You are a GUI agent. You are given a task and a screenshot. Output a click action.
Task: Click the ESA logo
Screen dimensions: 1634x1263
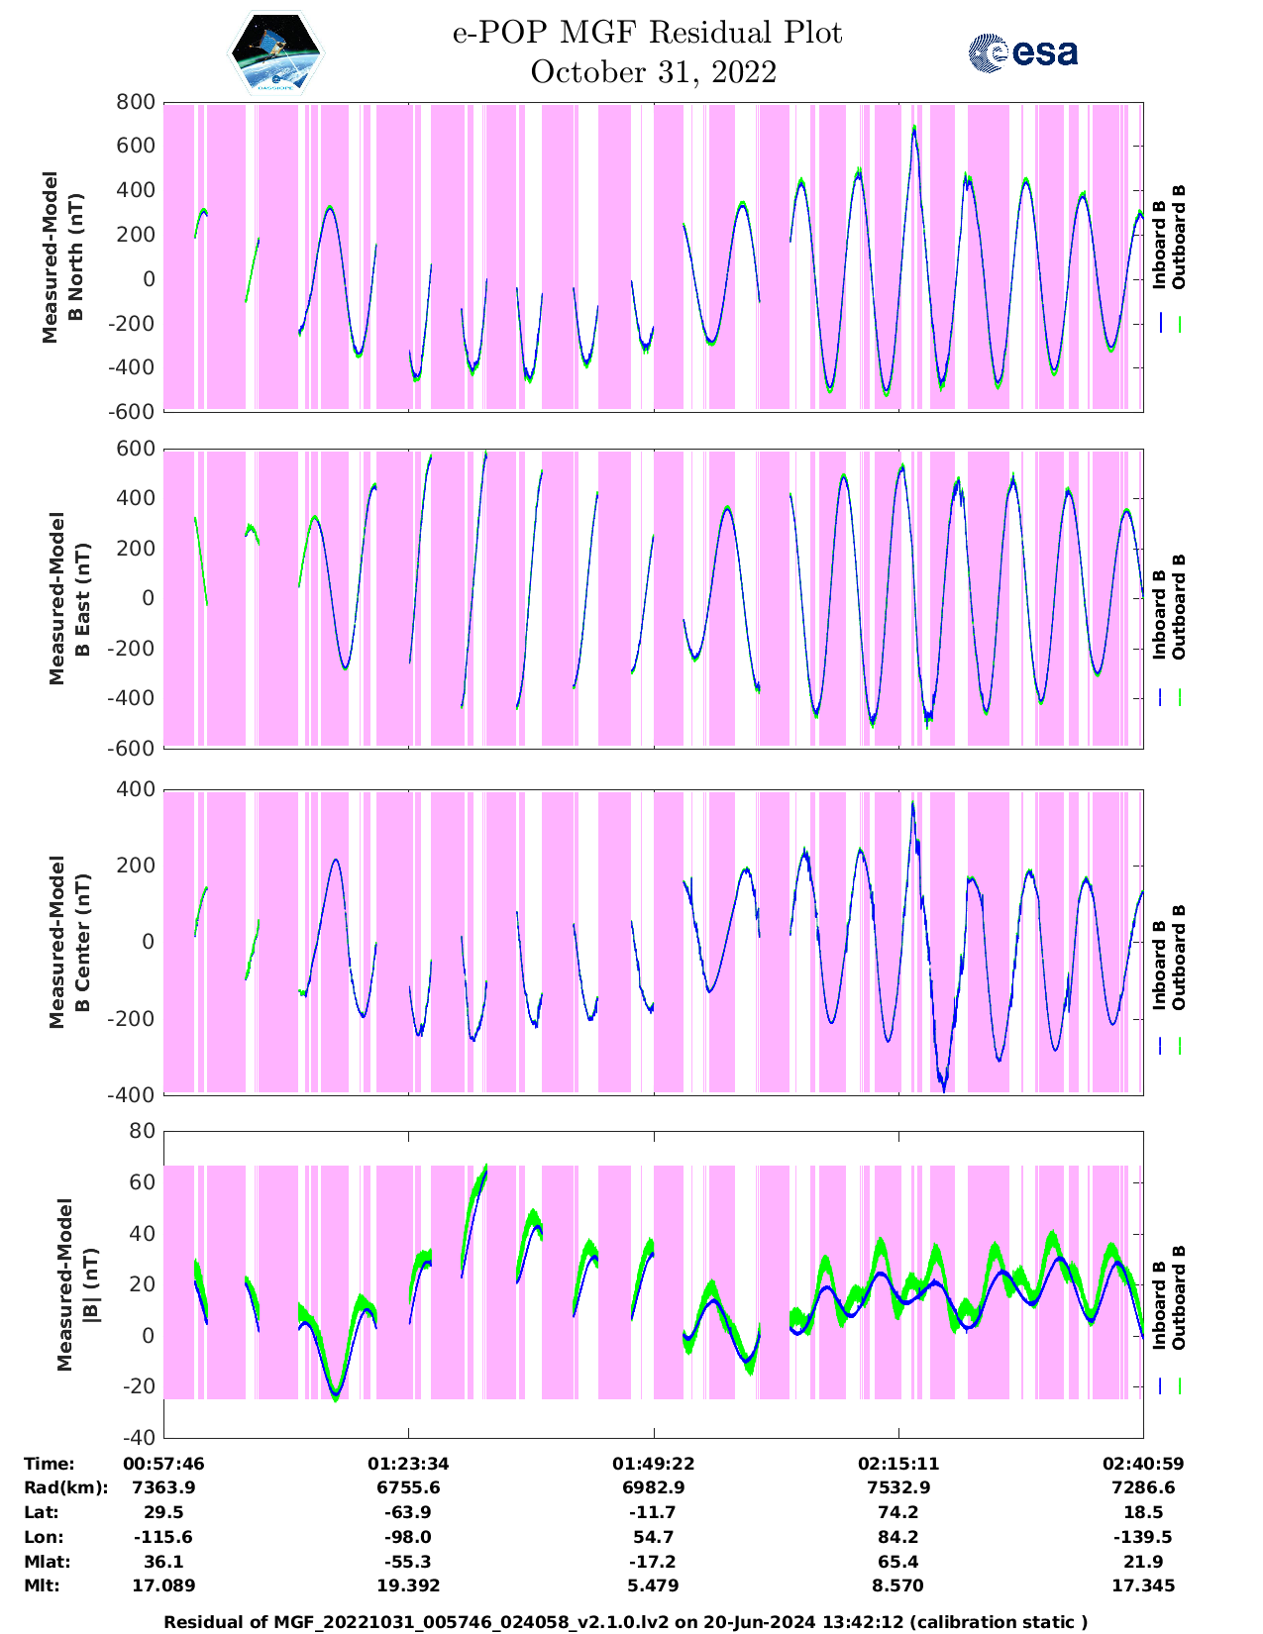coord(1022,52)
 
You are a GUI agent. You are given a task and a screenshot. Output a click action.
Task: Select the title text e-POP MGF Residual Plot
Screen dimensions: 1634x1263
coord(647,33)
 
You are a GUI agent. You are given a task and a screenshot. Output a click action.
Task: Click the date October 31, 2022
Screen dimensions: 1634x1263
coord(653,72)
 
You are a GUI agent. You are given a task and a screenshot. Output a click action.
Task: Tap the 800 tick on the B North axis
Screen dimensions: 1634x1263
coord(137,102)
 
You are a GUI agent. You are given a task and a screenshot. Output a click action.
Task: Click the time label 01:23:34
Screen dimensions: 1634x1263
coord(408,1464)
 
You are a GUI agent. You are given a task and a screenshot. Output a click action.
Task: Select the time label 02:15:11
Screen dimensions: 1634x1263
coord(898,1464)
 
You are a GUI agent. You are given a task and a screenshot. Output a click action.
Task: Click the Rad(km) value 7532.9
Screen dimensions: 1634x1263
coord(898,1487)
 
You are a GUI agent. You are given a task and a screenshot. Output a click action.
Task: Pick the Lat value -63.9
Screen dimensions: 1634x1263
coord(408,1512)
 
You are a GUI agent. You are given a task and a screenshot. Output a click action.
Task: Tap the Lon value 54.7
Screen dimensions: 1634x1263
coord(654,1537)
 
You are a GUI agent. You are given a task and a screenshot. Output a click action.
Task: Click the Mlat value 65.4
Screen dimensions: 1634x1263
coord(898,1562)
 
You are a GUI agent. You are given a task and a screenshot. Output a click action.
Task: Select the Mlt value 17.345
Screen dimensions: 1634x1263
coord(1143,1585)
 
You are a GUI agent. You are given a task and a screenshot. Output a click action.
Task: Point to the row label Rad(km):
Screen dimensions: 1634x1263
coord(65,1487)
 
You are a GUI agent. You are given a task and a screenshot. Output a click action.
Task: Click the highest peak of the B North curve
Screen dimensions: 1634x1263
coord(913,128)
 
